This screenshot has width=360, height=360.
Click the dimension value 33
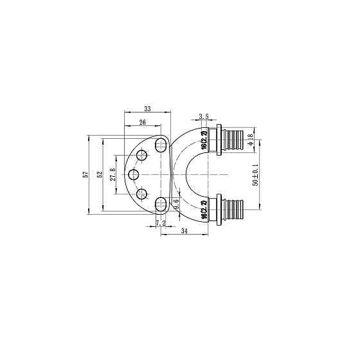click(147, 109)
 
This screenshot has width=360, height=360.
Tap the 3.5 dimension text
click(204, 116)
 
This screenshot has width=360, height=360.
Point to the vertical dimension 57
click(85, 175)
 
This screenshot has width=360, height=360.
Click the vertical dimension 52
click(99, 175)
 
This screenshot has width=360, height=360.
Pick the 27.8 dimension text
click(113, 175)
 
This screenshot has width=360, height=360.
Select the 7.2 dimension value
click(161, 223)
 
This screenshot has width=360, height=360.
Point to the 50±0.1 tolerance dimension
click(255, 174)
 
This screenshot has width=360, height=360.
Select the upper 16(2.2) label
click(204, 141)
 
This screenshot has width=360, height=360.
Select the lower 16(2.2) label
click(204, 210)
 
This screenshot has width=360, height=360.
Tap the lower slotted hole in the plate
click(161, 204)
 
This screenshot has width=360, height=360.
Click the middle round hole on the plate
click(134, 175)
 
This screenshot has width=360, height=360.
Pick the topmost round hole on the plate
click(142, 155)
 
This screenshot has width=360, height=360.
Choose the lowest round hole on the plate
click(142, 195)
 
